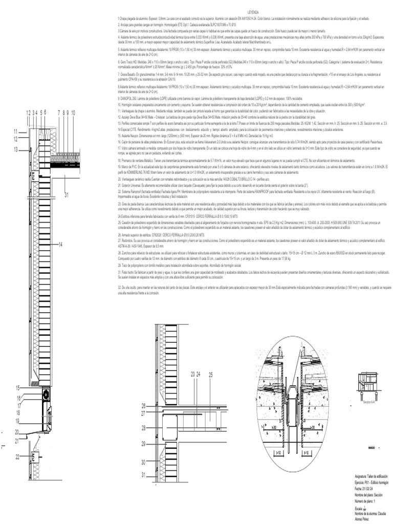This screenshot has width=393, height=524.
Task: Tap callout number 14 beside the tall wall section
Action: tap(60, 245)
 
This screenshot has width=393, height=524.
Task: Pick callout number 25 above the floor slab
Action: tap(210, 375)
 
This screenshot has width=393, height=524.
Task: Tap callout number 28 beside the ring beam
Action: tap(144, 427)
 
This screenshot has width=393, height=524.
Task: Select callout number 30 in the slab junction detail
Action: tap(144, 462)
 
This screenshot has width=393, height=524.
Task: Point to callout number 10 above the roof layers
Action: tap(74, 112)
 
